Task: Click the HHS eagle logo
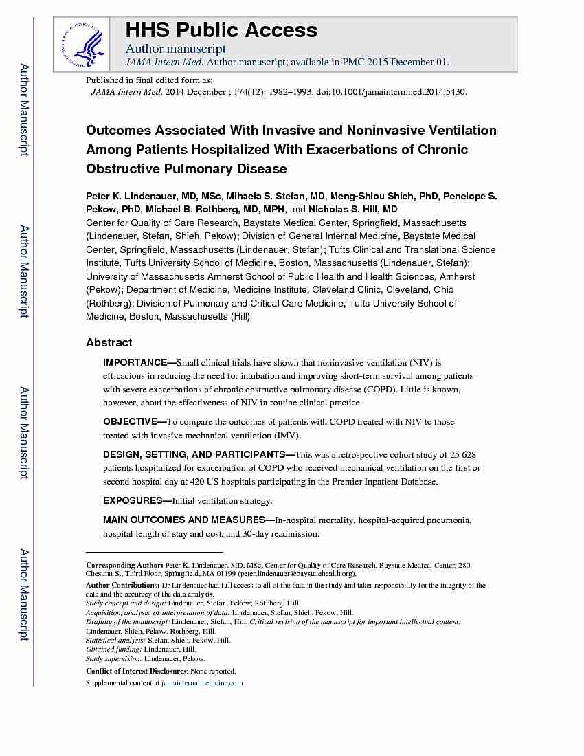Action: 82,43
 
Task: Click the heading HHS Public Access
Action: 221,30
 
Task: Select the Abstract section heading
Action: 109,342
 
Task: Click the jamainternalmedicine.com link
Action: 202,683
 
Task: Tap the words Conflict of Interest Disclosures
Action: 137,671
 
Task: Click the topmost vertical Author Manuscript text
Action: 23,110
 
